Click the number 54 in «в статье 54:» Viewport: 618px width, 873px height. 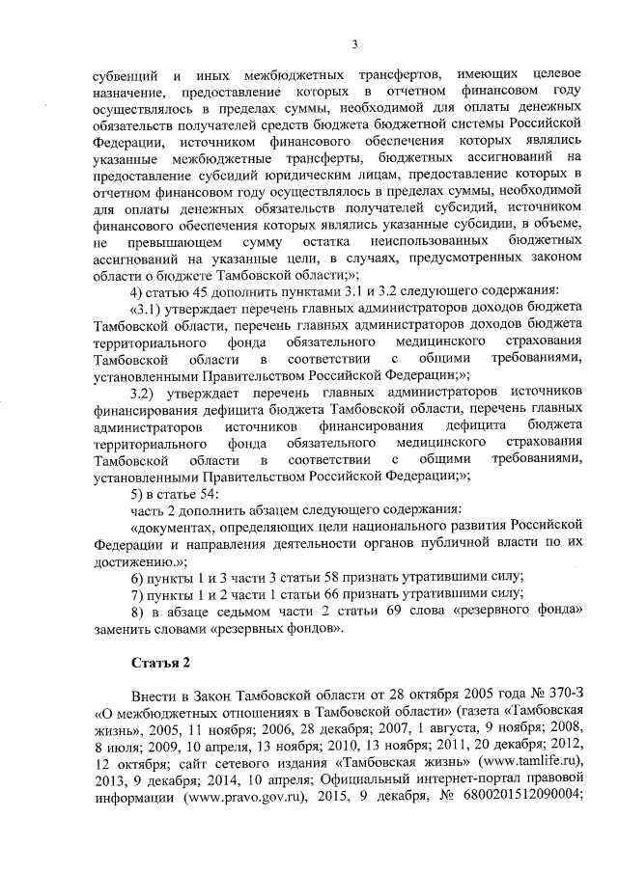[x=210, y=493]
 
